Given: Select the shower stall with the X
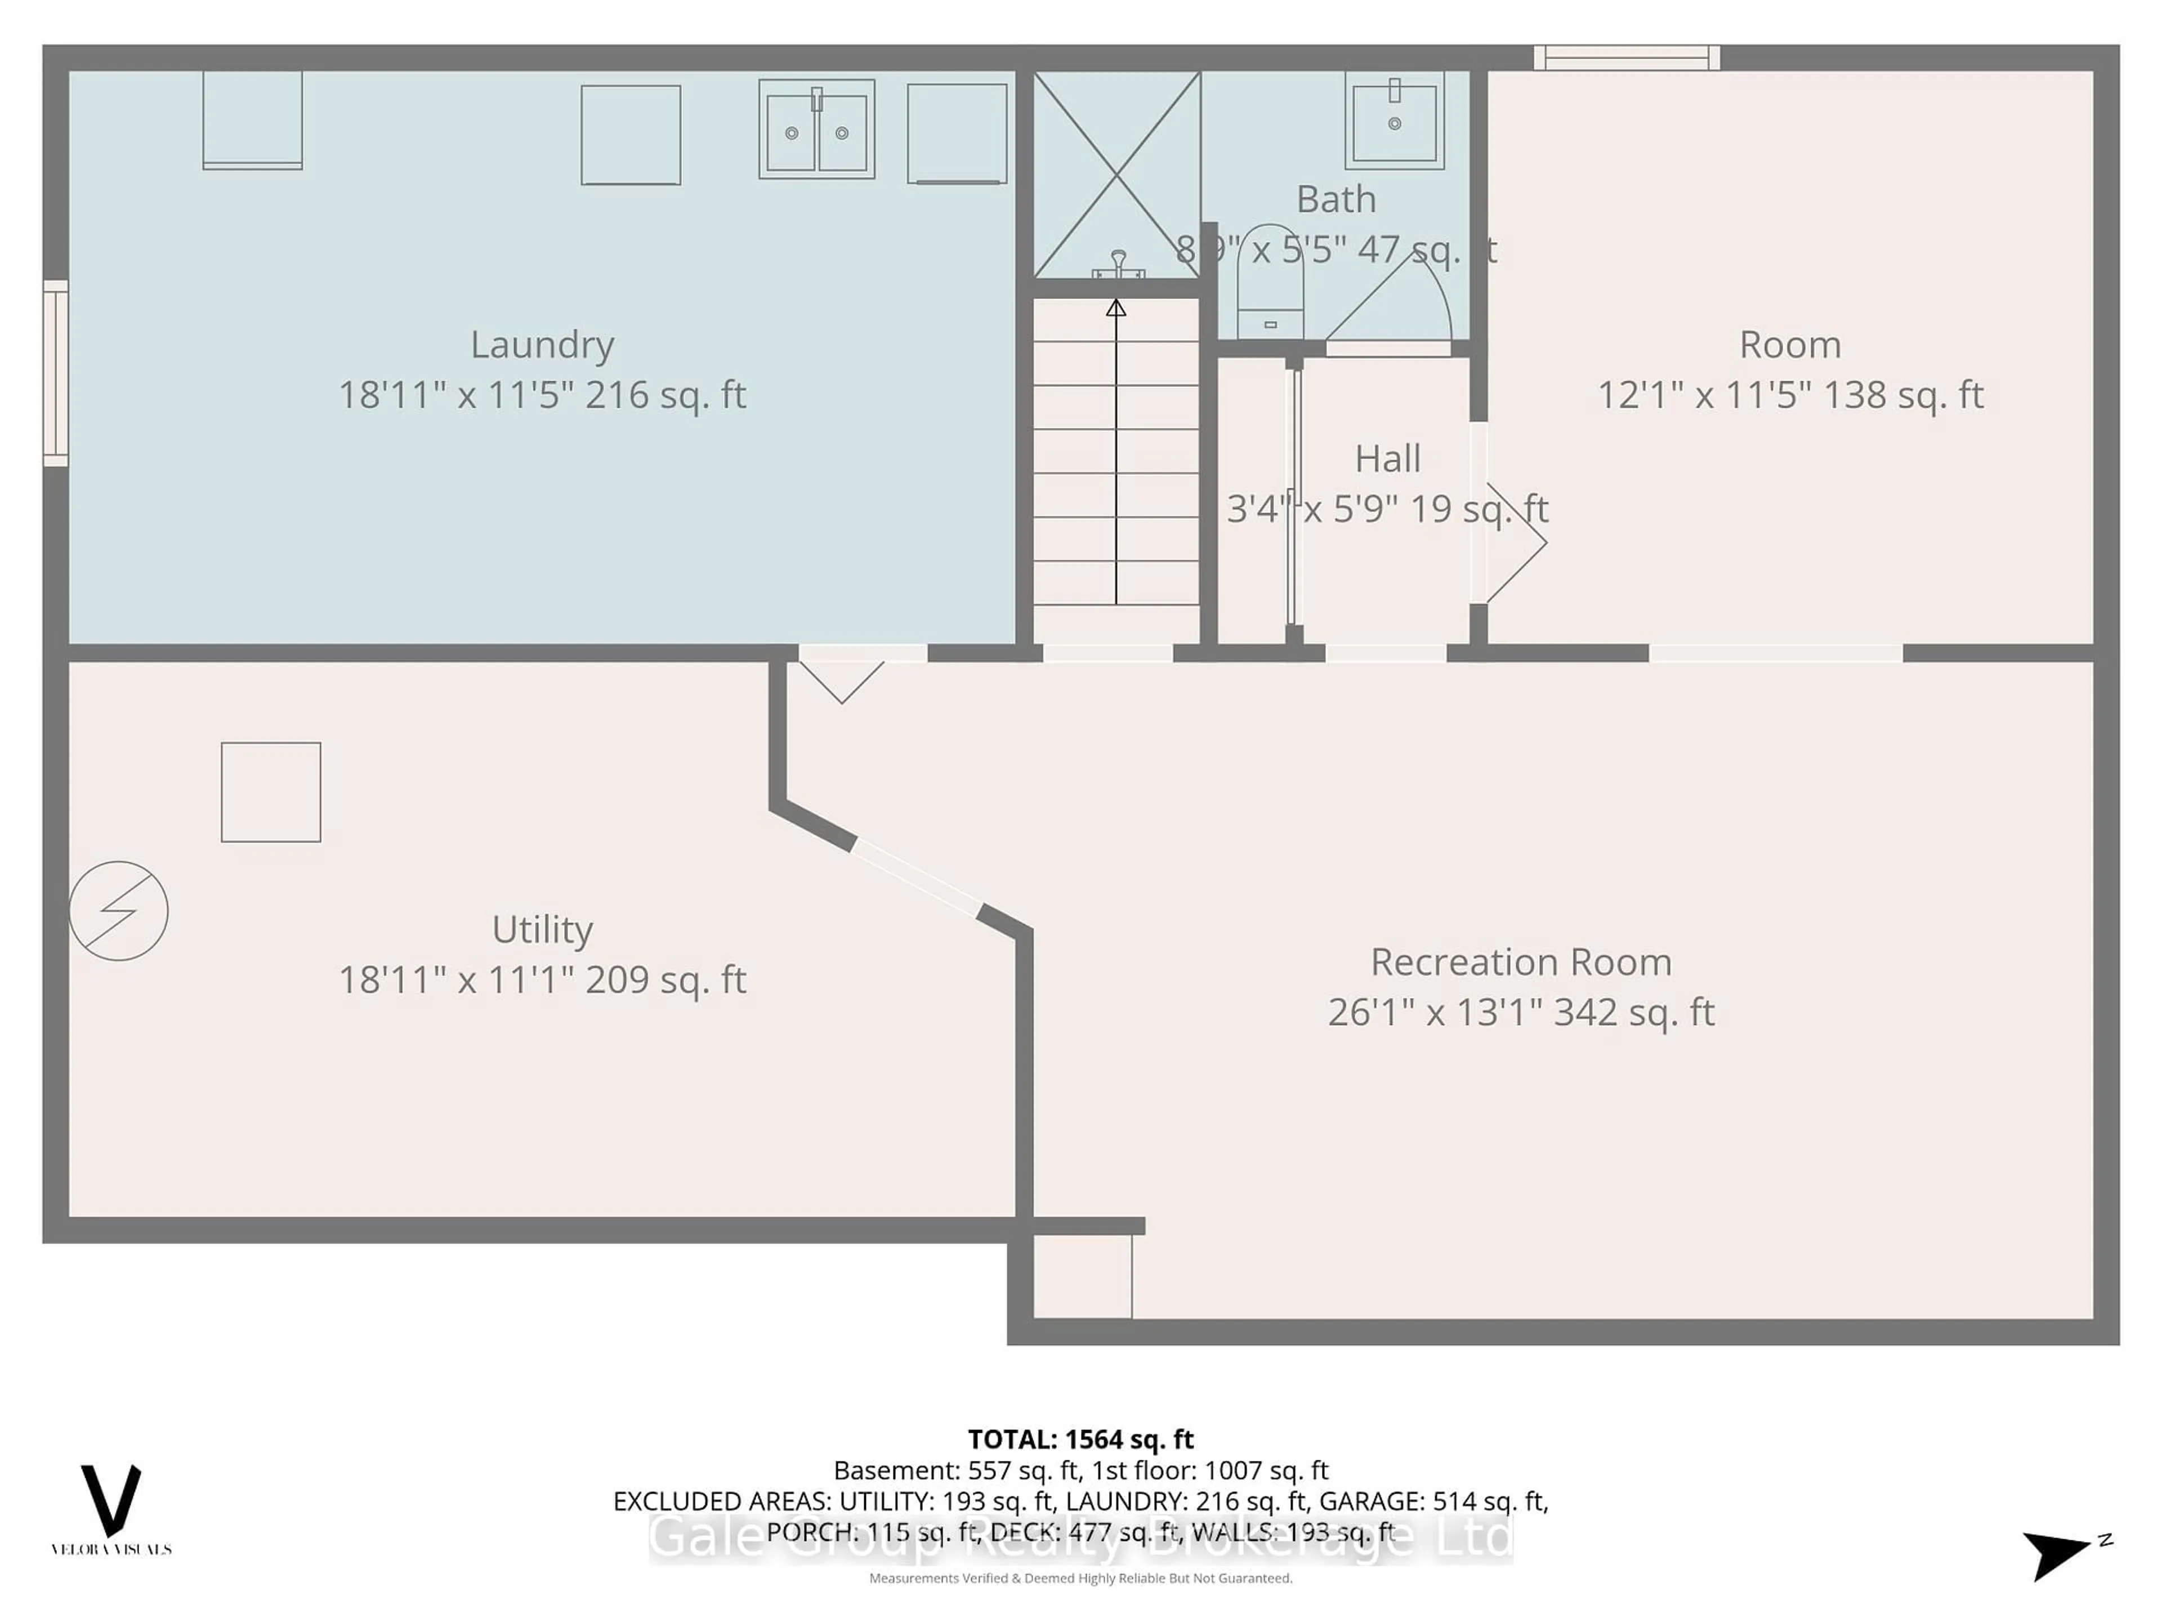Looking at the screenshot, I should [x=1116, y=174].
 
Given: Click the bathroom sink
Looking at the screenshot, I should [x=1394, y=121].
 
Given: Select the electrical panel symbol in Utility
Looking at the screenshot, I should [x=118, y=910].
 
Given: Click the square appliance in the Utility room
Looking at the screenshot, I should [x=271, y=792].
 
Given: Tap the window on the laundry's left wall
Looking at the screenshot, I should [x=56, y=372].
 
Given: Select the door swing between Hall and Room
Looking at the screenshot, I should [x=1510, y=542].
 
